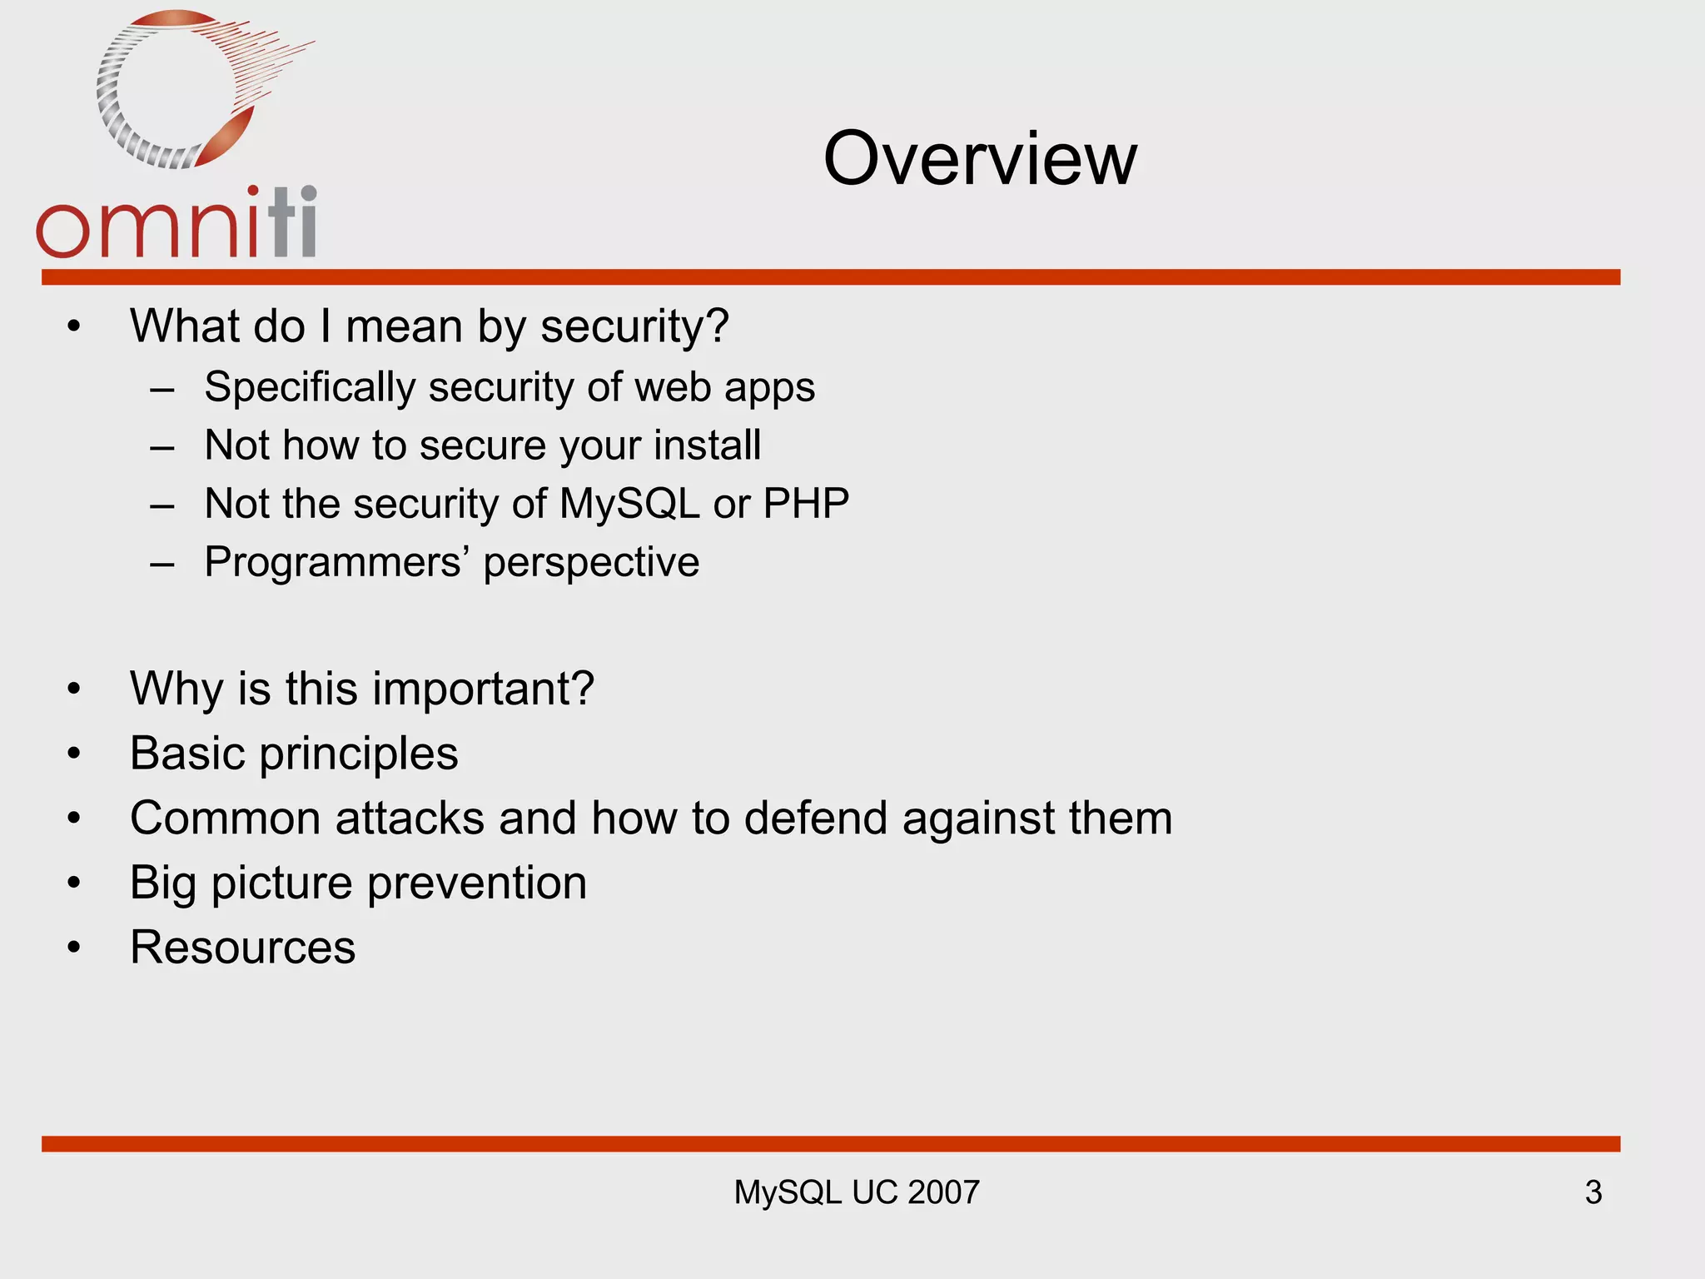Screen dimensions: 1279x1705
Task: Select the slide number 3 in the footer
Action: coord(1593,1192)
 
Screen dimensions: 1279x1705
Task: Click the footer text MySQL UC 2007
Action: coord(856,1192)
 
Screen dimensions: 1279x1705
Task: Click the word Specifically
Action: coord(310,388)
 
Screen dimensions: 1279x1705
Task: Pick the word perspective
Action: coord(591,563)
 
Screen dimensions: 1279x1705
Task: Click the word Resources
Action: coord(242,948)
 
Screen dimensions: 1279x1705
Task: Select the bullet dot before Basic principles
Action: coord(74,754)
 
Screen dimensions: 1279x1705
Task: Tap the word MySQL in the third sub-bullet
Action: coord(629,504)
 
